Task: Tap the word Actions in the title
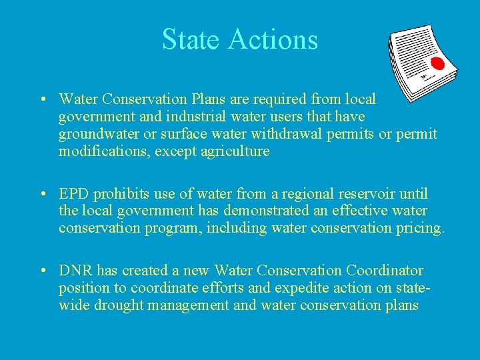click(x=273, y=39)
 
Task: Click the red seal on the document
click(x=437, y=64)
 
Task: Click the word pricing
click(x=419, y=228)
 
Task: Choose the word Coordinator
click(x=385, y=271)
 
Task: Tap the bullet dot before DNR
click(x=43, y=271)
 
